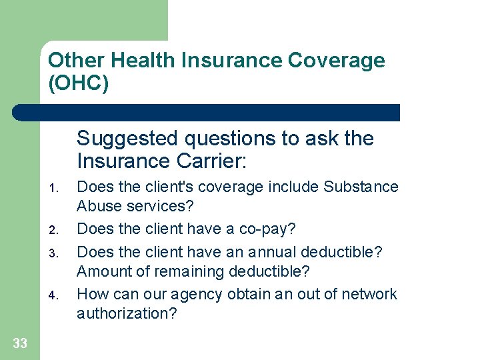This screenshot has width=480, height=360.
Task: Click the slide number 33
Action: click(20, 343)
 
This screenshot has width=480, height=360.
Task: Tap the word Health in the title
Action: click(141, 61)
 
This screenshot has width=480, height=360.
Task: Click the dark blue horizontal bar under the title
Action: click(207, 112)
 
